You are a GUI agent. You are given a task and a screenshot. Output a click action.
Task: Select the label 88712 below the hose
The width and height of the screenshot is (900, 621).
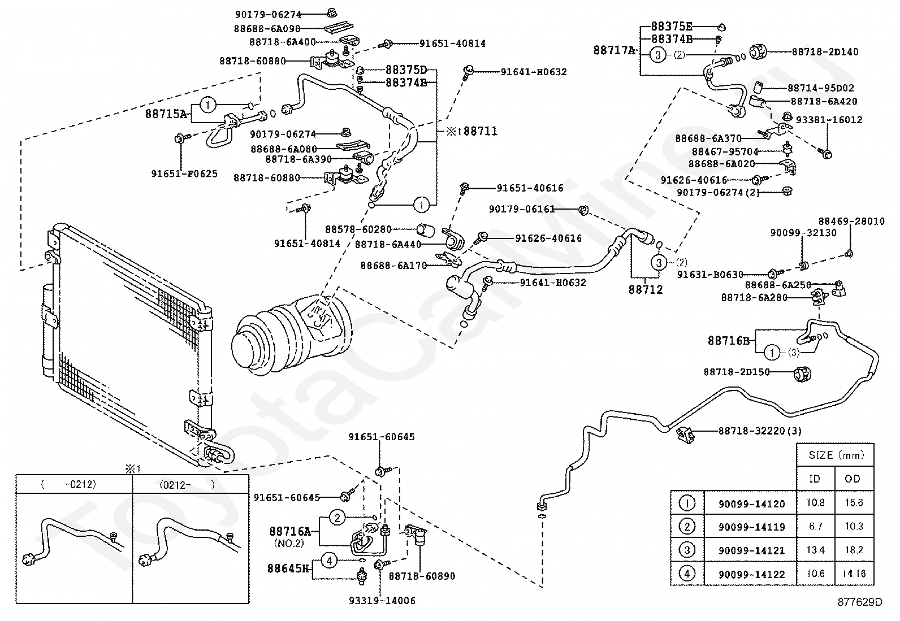[646, 289]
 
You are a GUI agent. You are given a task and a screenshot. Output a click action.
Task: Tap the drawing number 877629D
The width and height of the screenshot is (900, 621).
[859, 602]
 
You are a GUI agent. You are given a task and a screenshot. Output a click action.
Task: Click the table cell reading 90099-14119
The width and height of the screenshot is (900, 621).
[751, 527]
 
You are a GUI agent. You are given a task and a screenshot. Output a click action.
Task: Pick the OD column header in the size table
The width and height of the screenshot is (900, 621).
[853, 479]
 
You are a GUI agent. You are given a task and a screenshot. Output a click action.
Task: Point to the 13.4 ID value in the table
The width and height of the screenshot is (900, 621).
[815, 550]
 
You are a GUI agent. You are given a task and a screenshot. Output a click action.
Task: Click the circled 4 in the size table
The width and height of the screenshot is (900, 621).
[686, 574]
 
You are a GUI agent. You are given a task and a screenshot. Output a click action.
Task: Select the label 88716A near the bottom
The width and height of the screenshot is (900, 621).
[290, 531]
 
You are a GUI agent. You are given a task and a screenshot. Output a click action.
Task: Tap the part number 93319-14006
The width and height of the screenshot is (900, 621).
[382, 601]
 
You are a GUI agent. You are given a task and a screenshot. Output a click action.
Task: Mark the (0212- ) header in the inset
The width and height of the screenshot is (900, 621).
[187, 484]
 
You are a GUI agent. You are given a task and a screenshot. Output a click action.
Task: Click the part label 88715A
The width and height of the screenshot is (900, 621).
[166, 114]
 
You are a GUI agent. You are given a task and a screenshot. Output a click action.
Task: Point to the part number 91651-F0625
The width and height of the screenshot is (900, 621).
[184, 174]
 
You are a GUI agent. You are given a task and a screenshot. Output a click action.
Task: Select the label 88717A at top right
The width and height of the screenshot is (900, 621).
[614, 50]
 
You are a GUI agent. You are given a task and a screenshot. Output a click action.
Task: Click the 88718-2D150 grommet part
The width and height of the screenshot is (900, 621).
[802, 373]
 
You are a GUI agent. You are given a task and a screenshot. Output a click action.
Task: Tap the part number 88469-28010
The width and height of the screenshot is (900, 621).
[851, 222]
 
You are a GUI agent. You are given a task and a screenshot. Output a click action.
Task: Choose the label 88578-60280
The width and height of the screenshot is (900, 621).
[358, 229]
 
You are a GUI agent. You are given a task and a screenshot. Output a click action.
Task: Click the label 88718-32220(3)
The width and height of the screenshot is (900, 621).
[760, 431]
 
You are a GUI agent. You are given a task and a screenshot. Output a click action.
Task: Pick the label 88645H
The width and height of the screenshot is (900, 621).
[289, 568]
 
